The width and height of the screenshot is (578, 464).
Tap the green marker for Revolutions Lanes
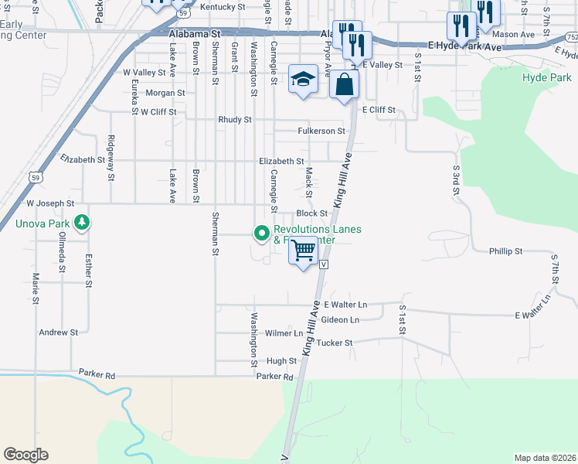coord(261,232)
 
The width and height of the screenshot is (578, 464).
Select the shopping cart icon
coord(304,251)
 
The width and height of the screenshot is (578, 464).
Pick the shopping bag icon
coord(344,84)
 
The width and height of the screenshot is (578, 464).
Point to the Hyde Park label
coord(546,78)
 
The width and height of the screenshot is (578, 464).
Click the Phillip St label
coord(506,251)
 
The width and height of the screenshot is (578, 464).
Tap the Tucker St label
coord(335,343)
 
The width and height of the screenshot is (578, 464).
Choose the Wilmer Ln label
coord(284,333)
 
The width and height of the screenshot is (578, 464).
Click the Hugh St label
coord(281,361)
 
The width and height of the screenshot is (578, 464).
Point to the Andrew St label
coord(59,333)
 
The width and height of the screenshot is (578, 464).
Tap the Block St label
coord(312,213)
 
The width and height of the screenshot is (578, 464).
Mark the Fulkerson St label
coord(321,131)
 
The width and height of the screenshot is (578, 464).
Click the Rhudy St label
coord(235,120)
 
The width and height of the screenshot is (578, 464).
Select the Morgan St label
coord(165,93)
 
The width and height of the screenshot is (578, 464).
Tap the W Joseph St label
coord(50,203)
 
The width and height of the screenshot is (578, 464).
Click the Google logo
coord(25,455)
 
